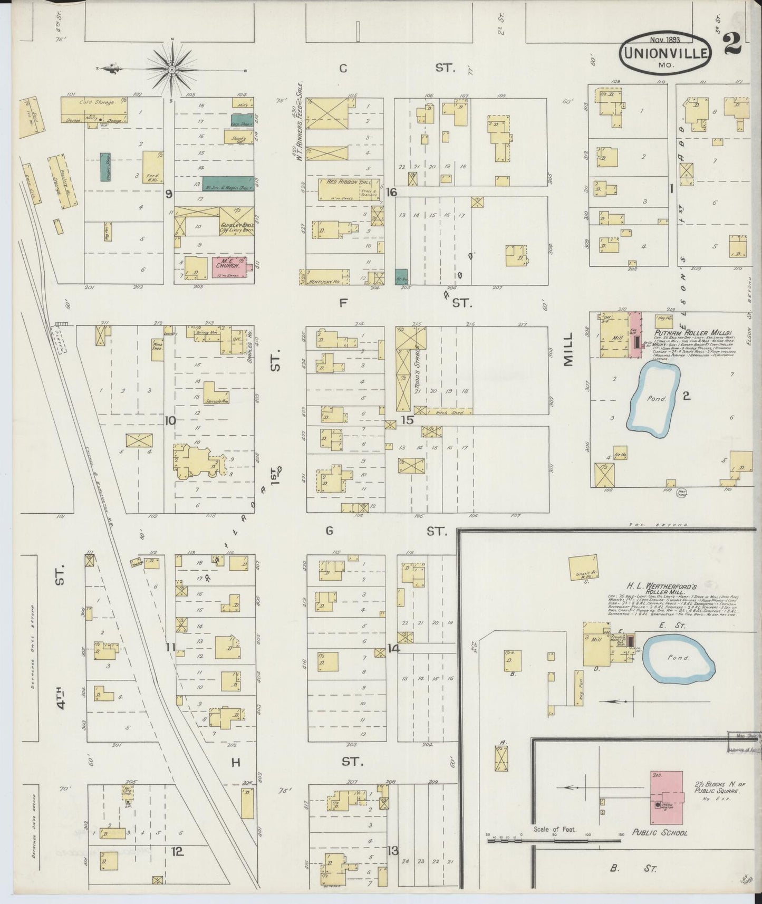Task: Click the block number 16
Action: pyautogui.click(x=391, y=193)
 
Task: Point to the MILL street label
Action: pyautogui.click(x=567, y=350)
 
